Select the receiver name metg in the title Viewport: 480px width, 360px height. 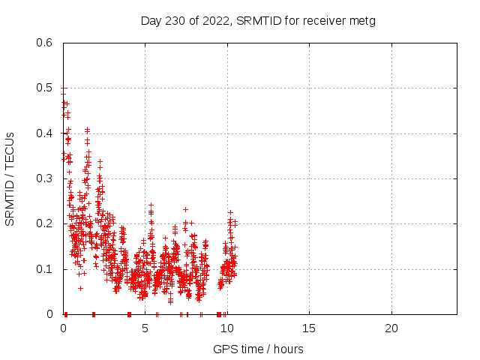click(361, 20)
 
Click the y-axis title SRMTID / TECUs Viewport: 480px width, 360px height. click(10, 178)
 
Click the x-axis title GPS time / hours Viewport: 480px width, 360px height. click(258, 349)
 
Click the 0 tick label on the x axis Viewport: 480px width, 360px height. click(63, 328)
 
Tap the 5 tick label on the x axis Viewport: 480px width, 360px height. click(145, 328)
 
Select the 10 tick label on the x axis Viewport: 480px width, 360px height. click(226, 328)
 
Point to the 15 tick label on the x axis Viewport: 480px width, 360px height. click(309, 328)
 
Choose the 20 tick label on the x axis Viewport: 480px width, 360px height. click(391, 328)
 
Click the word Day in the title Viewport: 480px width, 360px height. click(150, 20)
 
